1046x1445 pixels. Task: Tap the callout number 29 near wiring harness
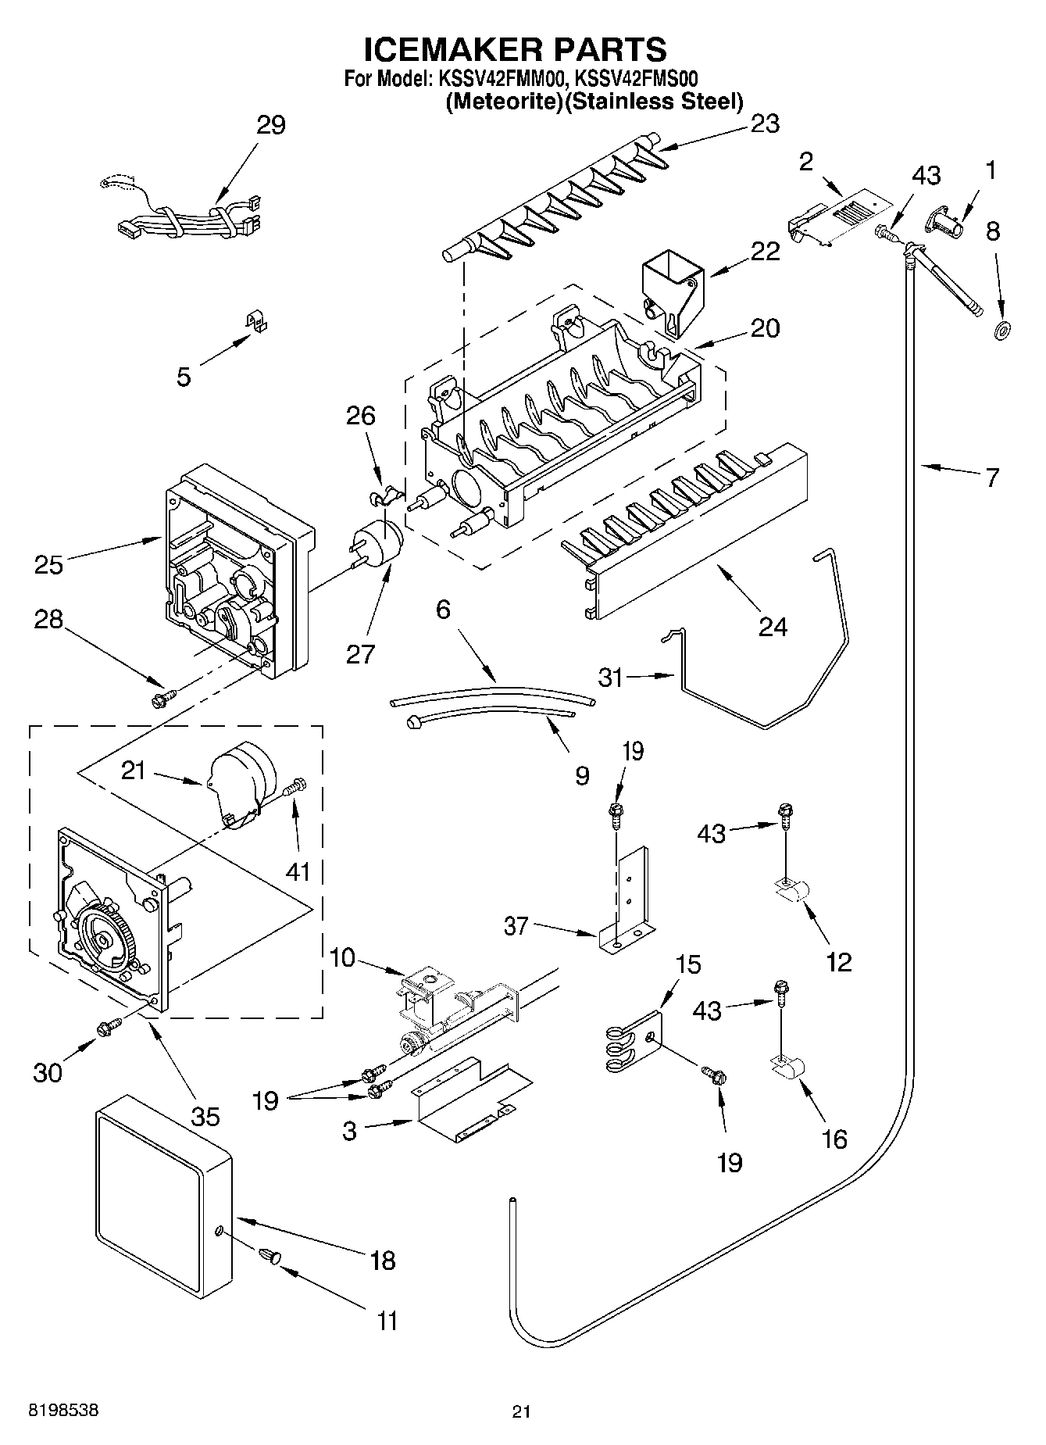point(271,125)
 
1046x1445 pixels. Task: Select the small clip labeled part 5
point(252,322)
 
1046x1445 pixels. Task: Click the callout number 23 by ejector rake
point(765,124)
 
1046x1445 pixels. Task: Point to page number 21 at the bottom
point(522,1411)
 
